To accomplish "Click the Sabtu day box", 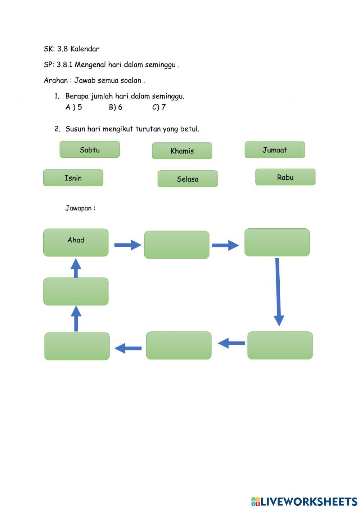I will coord(90,149).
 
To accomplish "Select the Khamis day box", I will coord(182,151).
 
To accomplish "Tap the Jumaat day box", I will coord(275,150).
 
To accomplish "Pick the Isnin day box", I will coord(73,178).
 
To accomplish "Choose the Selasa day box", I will coord(188,179).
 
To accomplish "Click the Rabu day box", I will coord(285,177).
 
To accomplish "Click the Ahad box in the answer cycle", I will coord(76,242).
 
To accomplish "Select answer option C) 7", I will coord(159,107).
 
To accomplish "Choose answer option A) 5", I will coord(74,107).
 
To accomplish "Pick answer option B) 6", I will coord(116,107).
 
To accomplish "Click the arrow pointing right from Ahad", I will coord(128,245).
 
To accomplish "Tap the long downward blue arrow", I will coord(278,292).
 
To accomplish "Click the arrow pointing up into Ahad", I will coord(76,268).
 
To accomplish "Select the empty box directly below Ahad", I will coord(76,291).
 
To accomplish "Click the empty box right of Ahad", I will coord(176,245).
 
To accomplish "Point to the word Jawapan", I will coord(78,208).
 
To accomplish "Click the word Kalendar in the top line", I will coord(85,49).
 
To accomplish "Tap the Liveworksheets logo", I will coord(304,501).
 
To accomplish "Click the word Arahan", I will coord(56,80).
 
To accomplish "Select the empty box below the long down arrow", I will coord(280,345).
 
